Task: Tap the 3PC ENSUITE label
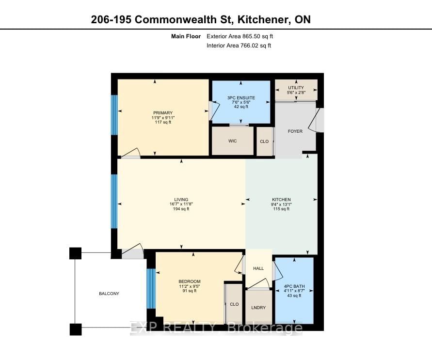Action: (x=240, y=98)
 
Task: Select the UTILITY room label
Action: (x=296, y=88)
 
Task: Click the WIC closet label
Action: (x=232, y=142)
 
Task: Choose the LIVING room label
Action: (x=181, y=200)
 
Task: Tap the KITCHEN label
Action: (x=281, y=200)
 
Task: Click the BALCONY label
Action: (x=109, y=294)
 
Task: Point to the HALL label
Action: (x=258, y=268)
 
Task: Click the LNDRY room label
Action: (x=258, y=308)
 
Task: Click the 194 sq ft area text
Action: (x=181, y=209)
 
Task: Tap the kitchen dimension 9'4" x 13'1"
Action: (x=281, y=204)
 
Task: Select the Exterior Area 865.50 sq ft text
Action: (x=243, y=36)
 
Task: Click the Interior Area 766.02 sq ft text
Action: (x=239, y=46)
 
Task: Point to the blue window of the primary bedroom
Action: (x=114, y=115)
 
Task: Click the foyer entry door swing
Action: (x=319, y=120)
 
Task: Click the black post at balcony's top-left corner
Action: (x=75, y=253)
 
